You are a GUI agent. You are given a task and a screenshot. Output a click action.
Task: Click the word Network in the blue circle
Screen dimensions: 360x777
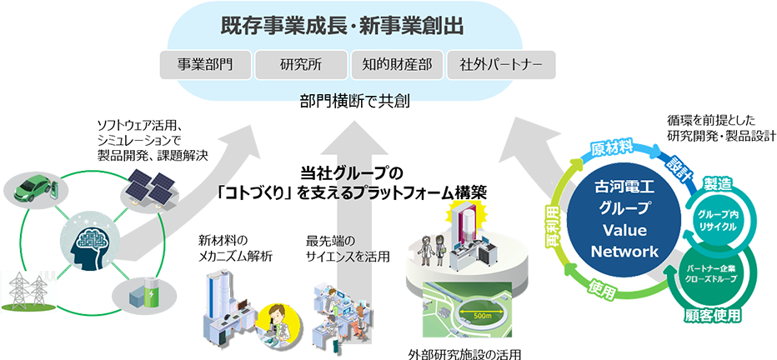(624, 252)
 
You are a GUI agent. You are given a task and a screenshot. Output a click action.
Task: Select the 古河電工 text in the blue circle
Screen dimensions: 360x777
(624, 192)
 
